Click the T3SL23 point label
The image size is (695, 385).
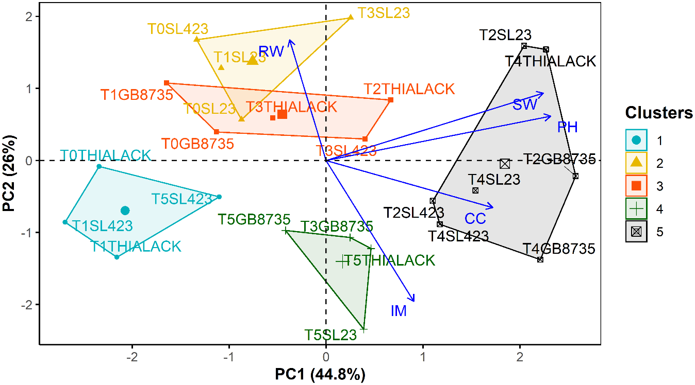click(x=384, y=13)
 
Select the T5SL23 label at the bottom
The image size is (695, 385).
click(x=330, y=335)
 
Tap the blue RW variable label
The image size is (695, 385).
click(x=271, y=51)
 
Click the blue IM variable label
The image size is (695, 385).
click(x=399, y=311)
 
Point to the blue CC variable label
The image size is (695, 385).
click(x=475, y=219)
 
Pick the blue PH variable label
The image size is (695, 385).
click(x=567, y=127)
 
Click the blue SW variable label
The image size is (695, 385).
click(x=525, y=105)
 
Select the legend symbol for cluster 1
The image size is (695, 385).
click(x=637, y=139)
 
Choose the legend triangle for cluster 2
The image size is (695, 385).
click(x=637, y=163)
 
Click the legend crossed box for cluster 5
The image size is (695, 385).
click(x=637, y=232)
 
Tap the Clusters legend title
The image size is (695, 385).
click(x=658, y=113)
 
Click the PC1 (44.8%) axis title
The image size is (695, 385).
click(x=320, y=374)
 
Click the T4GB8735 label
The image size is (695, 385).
click(x=559, y=250)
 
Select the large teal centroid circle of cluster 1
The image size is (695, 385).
click(x=125, y=211)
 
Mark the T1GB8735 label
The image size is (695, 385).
click(x=137, y=95)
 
